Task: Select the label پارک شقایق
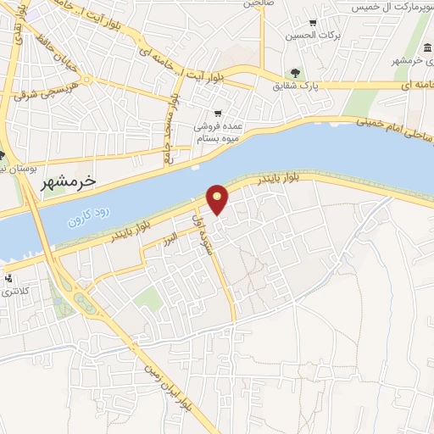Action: (294, 85)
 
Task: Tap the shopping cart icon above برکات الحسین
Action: (313, 22)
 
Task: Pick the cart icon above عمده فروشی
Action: (219, 113)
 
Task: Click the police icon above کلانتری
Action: (8, 277)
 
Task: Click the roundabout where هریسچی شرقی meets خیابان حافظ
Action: (86, 81)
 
